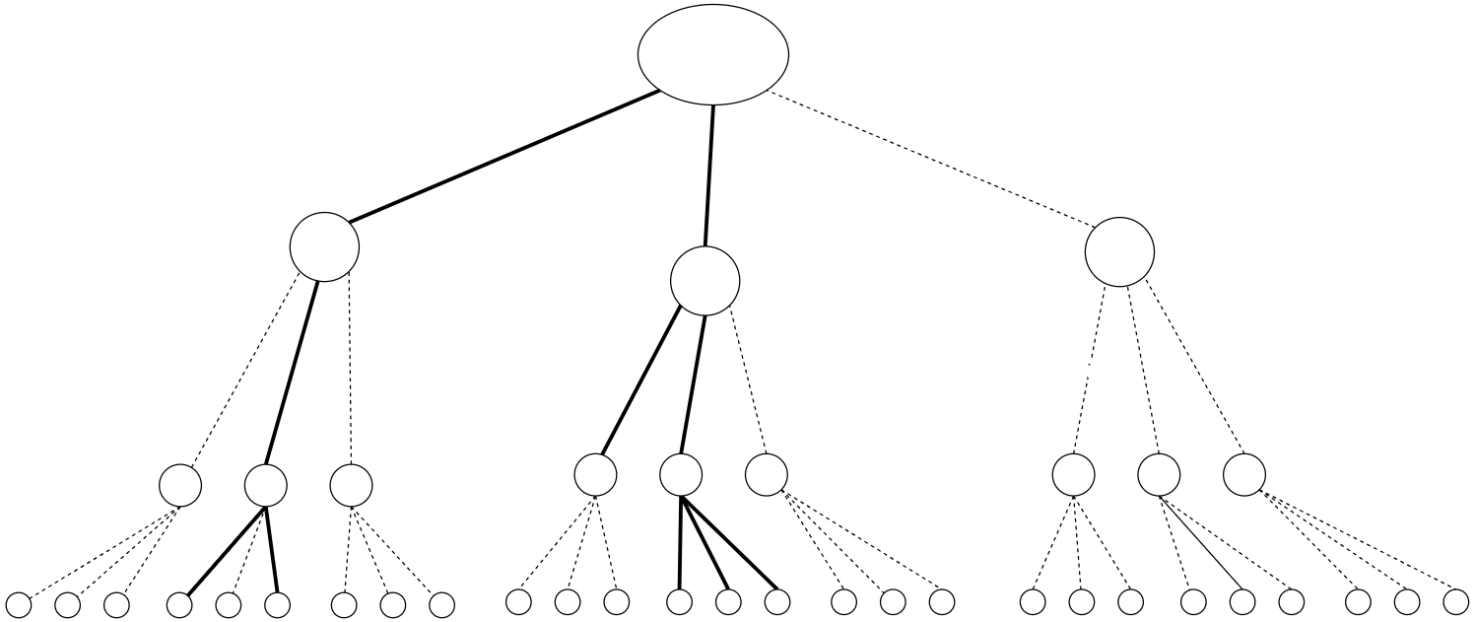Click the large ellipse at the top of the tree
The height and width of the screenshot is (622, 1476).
pos(713,54)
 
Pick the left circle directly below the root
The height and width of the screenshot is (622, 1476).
pos(324,246)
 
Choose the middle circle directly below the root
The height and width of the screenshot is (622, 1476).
pos(704,281)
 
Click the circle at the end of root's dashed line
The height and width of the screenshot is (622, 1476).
pos(1119,251)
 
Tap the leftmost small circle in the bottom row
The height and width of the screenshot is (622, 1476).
pos(19,604)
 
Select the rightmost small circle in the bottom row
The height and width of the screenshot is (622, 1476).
pos(1455,601)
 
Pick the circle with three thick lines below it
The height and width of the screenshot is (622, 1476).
pos(681,474)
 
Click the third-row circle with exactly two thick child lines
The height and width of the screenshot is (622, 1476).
pos(265,484)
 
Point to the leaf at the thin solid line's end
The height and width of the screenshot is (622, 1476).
pos(1242,601)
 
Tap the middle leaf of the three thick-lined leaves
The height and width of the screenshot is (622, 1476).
pos(728,601)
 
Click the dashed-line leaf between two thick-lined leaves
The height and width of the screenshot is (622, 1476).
pos(229,604)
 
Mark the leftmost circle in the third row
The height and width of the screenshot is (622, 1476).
pos(180,484)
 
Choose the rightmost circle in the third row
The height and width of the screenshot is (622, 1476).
pos(1244,474)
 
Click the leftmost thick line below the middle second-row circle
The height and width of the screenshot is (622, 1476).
pos(640,380)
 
